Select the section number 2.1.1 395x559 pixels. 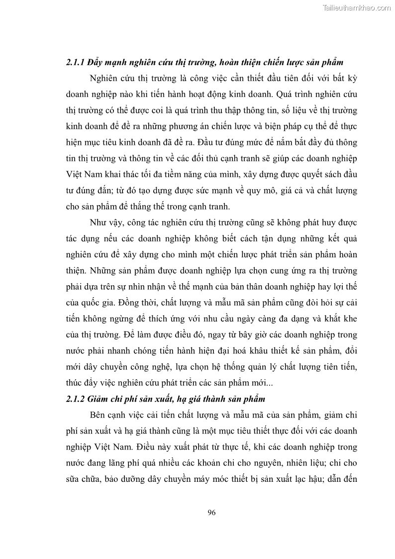tap(75, 63)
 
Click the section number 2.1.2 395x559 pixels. tap(75, 399)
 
